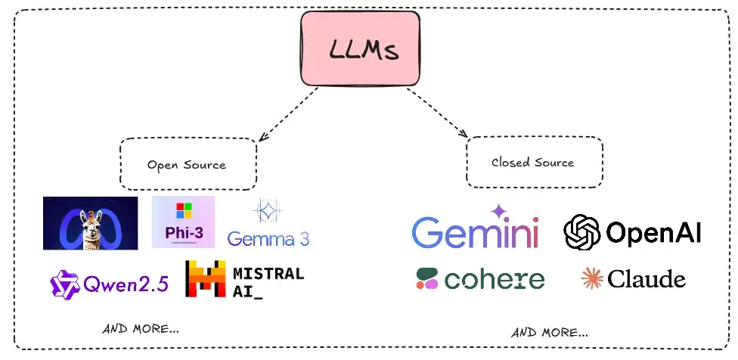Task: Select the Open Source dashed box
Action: point(187,163)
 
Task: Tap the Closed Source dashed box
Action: point(533,162)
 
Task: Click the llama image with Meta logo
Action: point(91,223)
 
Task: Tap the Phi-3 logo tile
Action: point(183,222)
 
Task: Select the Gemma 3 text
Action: point(268,239)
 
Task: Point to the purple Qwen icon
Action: point(64,284)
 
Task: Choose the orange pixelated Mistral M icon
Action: point(206,278)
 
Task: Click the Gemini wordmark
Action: point(476,232)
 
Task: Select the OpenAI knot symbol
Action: point(582,231)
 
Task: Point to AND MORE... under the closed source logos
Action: point(550,331)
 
